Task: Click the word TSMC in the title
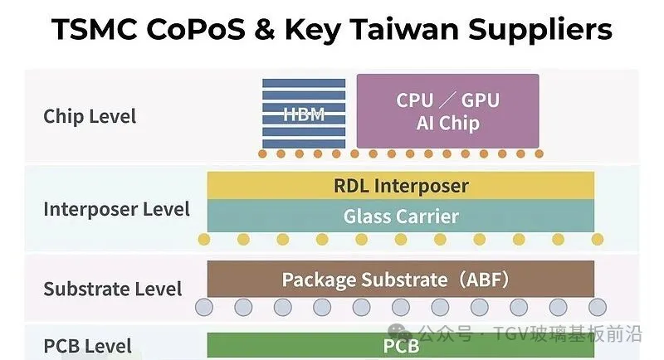[x=94, y=29]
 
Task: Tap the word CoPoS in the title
[x=196, y=29]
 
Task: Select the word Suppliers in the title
[x=540, y=31]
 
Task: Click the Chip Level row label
[x=90, y=116]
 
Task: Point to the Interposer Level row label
[x=116, y=209]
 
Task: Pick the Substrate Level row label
[x=113, y=289]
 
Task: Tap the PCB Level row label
[x=88, y=346]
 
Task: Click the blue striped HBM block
[x=304, y=114]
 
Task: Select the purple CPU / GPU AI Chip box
[x=447, y=111]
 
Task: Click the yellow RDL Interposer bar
[x=401, y=185]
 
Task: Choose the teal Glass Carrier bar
[x=401, y=216]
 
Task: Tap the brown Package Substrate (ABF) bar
[x=401, y=280]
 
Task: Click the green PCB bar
[x=401, y=345]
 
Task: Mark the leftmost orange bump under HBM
[x=262, y=154]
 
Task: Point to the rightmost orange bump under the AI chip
[x=539, y=154]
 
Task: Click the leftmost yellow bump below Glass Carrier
[x=203, y=240]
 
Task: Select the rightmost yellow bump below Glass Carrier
[x=598, y=240]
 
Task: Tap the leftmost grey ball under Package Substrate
[x=204, y=308]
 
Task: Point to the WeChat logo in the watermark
[x=399, y=333]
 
